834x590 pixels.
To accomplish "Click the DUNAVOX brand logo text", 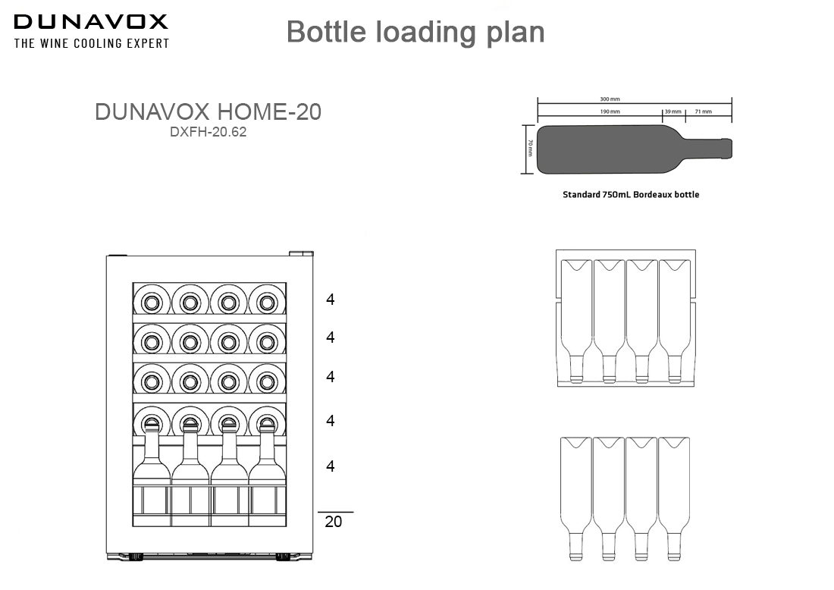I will click(91, 22).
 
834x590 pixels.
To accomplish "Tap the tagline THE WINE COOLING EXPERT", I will click(91, 44).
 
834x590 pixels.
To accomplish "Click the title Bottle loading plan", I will click(415, 32).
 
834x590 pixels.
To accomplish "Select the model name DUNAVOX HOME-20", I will click(208, 112).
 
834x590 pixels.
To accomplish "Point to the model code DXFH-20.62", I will click(208, 131).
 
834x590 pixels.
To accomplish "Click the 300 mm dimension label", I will click(610, 99).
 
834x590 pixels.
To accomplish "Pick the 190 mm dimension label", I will click(610, 111).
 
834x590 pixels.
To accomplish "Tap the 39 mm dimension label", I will click(673, 111).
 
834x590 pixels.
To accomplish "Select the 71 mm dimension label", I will click(703, 111).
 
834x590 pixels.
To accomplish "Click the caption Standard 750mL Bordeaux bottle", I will click(631, 195).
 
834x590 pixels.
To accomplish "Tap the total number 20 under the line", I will click(333, 522).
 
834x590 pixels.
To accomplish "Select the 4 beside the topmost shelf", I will click(330, 300).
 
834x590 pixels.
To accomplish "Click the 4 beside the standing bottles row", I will click(330, 466).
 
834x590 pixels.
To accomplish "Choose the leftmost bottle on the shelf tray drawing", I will click(576, 319).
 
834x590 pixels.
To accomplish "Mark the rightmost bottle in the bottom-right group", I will click(673, 497).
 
